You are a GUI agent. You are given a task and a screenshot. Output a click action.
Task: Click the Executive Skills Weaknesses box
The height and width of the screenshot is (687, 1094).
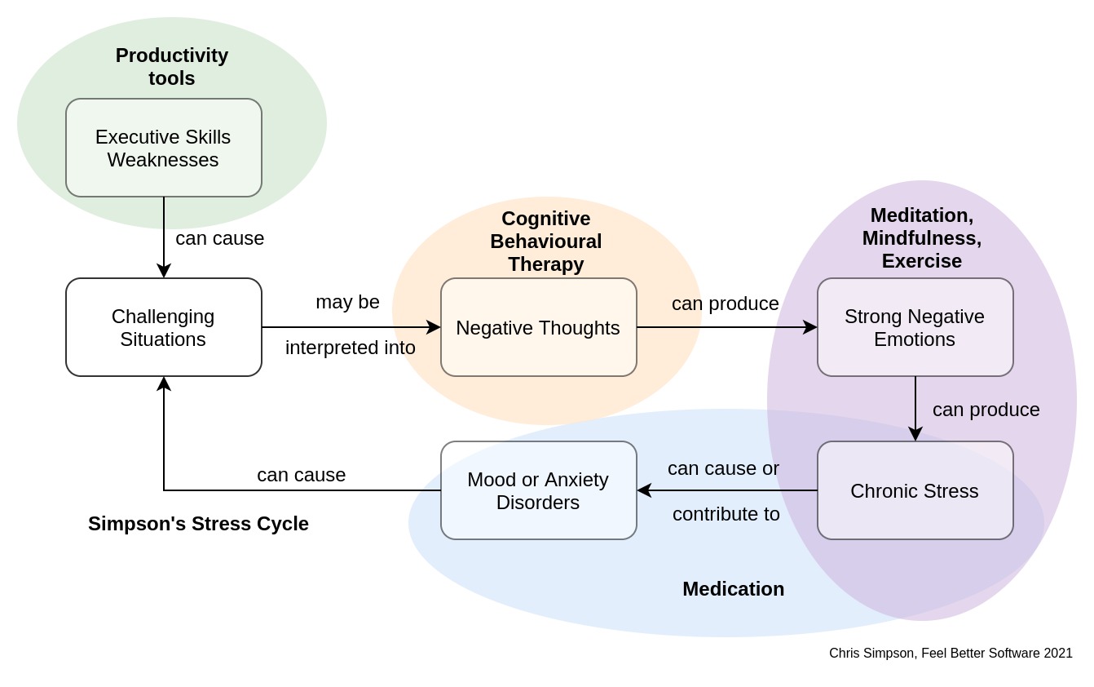click(x=163, y=148)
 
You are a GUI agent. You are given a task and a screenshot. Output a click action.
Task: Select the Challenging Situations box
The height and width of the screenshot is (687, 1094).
click(x=163, y=327)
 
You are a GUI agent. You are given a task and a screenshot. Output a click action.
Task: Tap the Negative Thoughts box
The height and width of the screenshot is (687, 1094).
click(x=538, y=327)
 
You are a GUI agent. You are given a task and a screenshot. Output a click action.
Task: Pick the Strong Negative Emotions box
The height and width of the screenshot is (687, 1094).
click(x=915, y=327)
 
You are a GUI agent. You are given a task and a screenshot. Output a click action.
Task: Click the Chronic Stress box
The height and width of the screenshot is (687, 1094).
click(x=915, y=490)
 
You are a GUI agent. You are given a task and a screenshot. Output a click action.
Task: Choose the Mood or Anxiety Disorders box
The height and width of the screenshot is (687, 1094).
click(x=538, y=490)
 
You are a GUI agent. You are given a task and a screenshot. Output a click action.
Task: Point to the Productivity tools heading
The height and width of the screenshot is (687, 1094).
click(x=172, y=67)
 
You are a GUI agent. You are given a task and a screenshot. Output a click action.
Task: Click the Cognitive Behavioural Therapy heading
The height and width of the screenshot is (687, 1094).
click(x=545, y=242)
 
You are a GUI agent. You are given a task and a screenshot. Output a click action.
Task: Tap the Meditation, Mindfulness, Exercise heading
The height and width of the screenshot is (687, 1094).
click(x=922, y=238)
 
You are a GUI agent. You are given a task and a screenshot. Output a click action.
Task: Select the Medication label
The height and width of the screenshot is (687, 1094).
click(x=733, y=589)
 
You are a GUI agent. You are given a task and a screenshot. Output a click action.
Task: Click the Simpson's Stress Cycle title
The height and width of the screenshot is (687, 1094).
click(x=198, y=524)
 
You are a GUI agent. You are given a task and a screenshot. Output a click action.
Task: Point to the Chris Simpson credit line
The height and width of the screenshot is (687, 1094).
click(x=951, y=654)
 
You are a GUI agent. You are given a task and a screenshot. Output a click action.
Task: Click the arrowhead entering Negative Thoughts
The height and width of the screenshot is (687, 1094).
click(x=435, y=327)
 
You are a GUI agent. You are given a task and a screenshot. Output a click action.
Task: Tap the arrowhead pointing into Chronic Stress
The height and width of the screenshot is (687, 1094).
click(x=915, y=435)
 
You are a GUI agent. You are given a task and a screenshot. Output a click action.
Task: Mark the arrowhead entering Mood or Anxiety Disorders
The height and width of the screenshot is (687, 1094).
click(x=644, y=490)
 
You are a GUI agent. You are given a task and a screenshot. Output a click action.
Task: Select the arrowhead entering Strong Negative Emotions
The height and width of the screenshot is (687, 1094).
click(x=810, y=327)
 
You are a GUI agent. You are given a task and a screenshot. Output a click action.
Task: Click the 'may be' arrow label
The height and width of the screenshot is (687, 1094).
click(x=347, y=302)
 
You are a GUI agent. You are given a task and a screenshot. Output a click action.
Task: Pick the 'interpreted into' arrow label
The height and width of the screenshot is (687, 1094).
click(x=351, y=348)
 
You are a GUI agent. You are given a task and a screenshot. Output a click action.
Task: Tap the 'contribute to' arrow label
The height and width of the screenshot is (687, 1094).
click(x=726, y=514)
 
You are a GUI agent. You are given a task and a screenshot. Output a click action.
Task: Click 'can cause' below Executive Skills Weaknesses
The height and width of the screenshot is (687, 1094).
click(x=219, y=238)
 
